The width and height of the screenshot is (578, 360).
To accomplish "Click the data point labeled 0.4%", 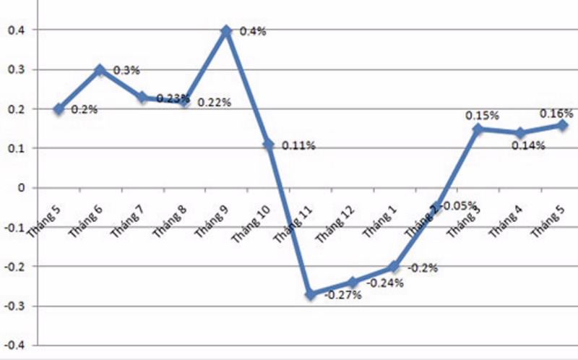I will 226,31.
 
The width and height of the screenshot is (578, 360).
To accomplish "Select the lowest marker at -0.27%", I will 311,294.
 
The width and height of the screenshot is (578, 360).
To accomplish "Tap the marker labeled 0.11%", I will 269,145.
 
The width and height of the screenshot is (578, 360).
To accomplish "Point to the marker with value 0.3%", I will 100,70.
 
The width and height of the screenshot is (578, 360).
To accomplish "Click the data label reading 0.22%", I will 214,103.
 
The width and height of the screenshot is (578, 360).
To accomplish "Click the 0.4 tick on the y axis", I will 14,30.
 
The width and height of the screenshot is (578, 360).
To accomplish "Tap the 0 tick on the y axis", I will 20,188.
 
